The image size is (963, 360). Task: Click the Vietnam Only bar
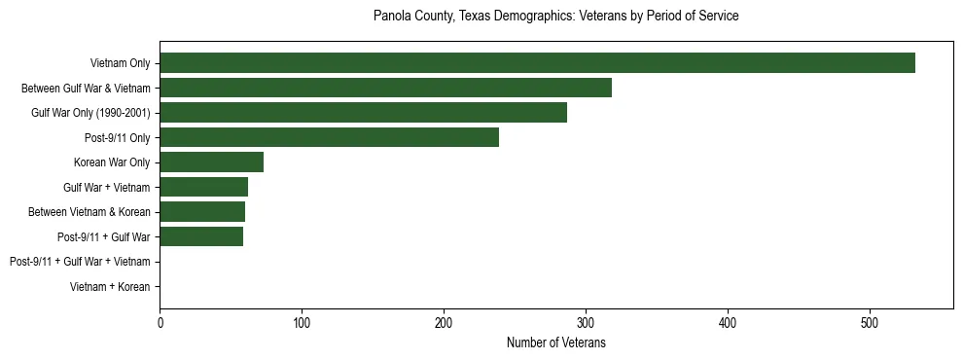pos(537,63)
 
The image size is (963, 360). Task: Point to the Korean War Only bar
pos(211,162)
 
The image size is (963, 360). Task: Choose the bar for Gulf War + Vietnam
pos(203,187)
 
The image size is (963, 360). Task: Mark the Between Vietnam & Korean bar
pos(202,211)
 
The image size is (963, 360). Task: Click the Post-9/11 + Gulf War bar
pos(201,236)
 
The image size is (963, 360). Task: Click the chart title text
pos(555,17)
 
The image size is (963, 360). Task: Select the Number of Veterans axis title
pos(555,342)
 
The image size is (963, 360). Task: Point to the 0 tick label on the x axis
pos(160,322)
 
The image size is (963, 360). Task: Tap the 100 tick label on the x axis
pos(302,322)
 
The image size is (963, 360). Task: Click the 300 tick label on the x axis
pos(586,322)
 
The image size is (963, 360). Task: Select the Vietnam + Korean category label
pos(110,287)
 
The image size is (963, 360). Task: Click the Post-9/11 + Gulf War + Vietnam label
pos(80,262)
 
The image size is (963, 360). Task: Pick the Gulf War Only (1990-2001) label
pos(90,113)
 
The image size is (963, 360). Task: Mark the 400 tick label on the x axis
pos(728,322)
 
